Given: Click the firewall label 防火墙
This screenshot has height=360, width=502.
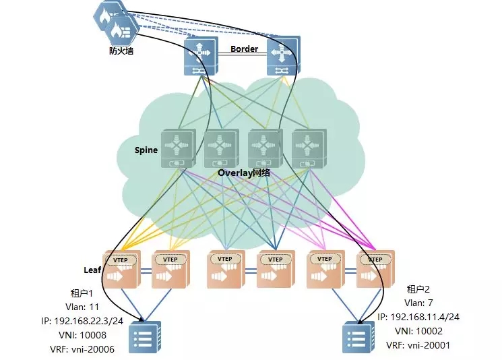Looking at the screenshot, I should [x=121, y=50].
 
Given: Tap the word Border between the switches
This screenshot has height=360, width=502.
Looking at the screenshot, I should [x=245, y=49].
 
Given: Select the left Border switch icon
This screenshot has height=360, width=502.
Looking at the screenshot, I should [x=201, y=56].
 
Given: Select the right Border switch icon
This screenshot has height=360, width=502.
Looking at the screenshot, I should [x=283, y=56].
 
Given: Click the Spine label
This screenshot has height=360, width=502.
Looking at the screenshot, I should [x=146, y=150].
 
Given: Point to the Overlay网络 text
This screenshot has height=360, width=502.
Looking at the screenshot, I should [x=244, y=173].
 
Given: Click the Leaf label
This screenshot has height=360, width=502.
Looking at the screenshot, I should [x=92, y=270].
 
